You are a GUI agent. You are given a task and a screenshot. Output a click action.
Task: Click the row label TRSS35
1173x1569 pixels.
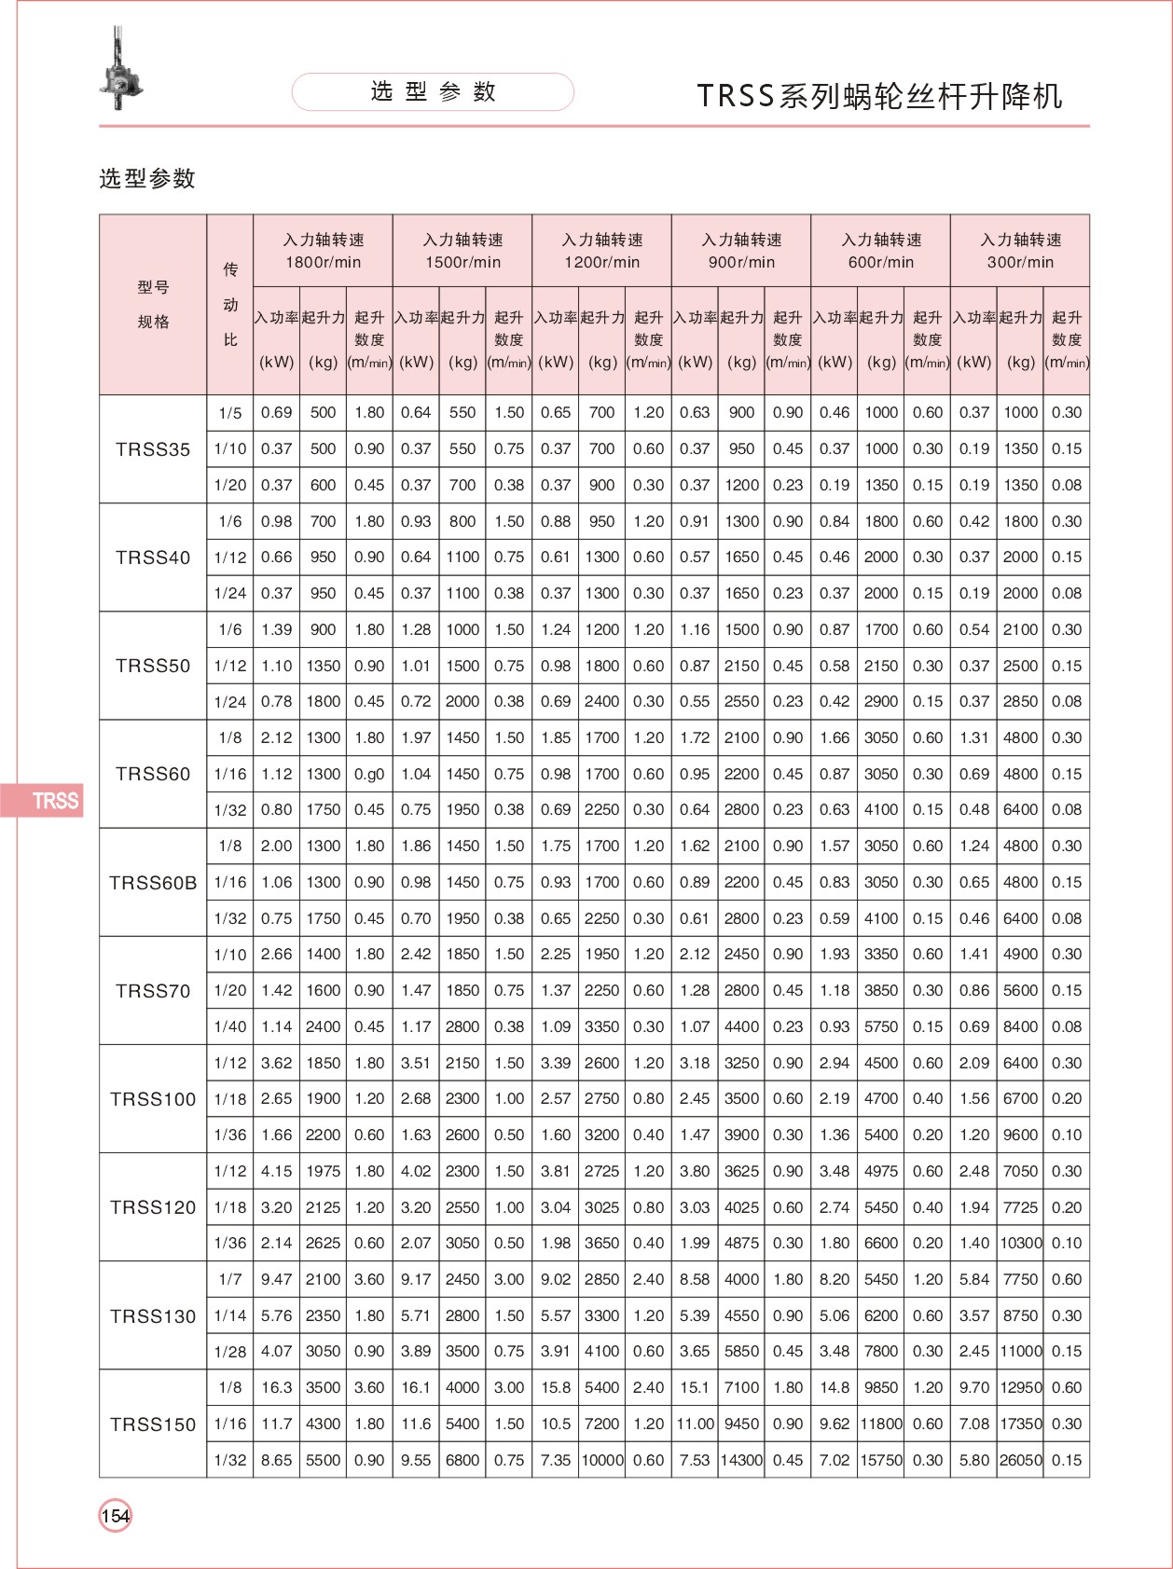tap(153, 449)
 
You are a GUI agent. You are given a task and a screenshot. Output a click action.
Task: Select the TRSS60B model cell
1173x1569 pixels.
tap(153, 883)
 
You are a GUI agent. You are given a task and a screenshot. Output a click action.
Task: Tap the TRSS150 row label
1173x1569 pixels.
tap(153, 1424)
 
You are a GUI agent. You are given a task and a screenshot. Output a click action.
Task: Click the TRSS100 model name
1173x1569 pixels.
tap(153, 1099)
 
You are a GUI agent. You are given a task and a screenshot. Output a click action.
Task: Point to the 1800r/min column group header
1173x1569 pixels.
tap(323, 251)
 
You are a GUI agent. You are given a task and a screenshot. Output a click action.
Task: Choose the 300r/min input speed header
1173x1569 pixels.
tap(1020, 251)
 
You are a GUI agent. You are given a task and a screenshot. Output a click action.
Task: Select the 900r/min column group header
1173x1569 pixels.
tap(741, 251)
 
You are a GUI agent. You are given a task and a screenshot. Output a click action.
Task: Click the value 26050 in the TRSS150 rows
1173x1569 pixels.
tap(1020, 1461)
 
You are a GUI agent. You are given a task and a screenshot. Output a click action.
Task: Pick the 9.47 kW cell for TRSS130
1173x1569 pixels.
tap(277, 1280)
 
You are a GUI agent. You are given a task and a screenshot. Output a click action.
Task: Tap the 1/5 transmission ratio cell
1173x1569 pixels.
tap(230, 413)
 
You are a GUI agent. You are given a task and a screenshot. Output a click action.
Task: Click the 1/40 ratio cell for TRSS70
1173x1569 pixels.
tap(230, 1027)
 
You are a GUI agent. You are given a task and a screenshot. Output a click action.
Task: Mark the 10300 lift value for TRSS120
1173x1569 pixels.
tap(1020, 1244)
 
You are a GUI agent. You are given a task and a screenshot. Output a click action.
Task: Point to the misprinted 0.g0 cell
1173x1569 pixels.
tap(369, 775)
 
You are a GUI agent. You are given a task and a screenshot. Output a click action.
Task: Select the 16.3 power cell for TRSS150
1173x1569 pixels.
tap(277, 1388)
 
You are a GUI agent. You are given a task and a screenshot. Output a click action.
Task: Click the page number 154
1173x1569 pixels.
tap(116, 1516)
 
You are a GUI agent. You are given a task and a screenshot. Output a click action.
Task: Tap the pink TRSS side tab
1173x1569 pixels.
tap(43, 801)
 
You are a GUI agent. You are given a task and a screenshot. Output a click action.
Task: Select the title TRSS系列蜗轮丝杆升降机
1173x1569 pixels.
tap(879, 96)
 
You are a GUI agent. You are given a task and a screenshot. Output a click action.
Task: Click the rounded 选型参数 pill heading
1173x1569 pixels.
tap(433, 92)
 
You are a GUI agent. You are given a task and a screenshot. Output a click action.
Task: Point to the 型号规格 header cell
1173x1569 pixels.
tap(153, 305)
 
